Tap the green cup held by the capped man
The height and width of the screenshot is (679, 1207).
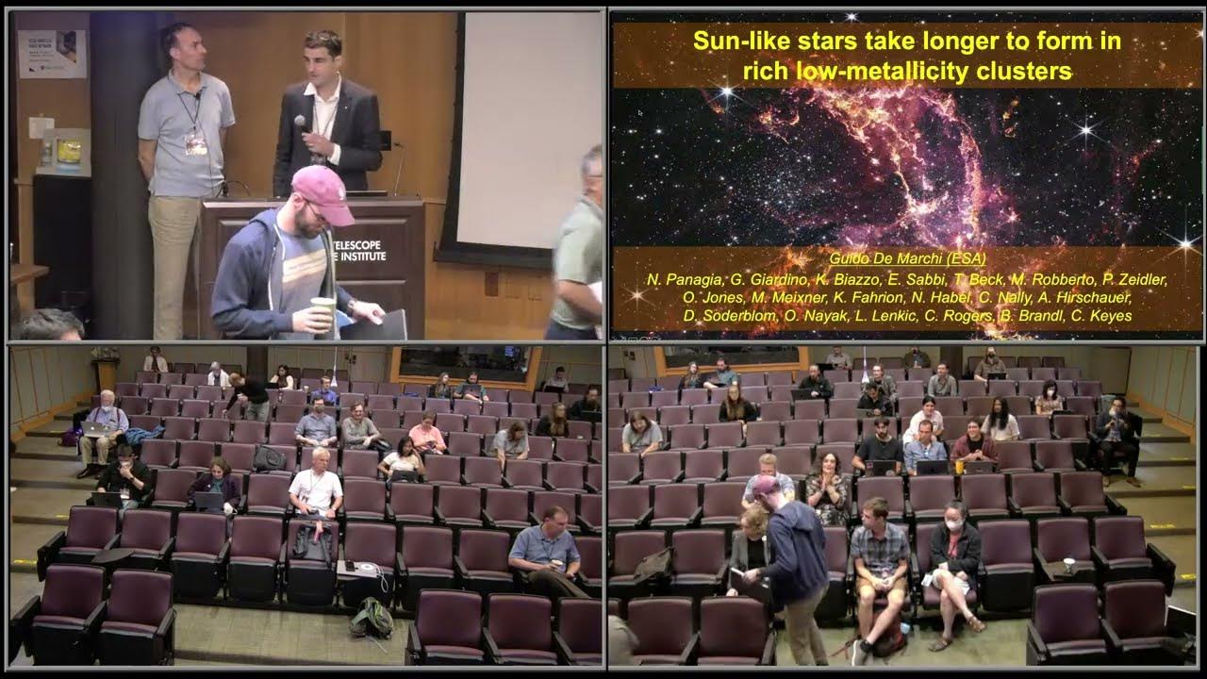click(x=322, y=312)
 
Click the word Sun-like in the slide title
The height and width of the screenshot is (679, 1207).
click(x=733, y=41)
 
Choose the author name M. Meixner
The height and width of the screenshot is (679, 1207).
click(x=787, y=298)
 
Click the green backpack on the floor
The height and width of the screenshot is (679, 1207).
click(x=372, y=617)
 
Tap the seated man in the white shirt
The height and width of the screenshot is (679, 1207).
click(x=315, y=485)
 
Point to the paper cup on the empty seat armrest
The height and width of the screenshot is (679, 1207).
click(x=1069, y=566)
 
